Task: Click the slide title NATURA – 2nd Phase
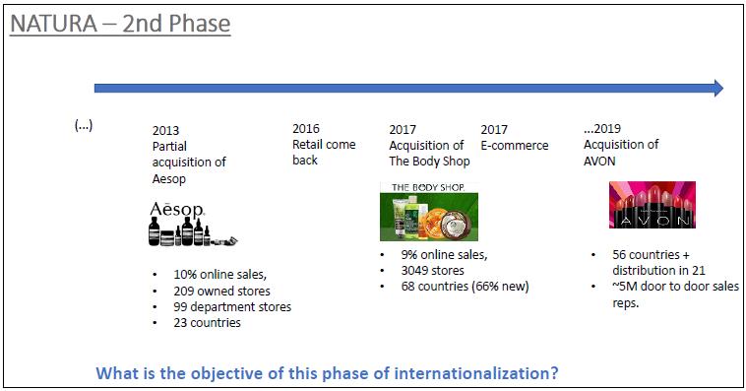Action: [x=120, y=24]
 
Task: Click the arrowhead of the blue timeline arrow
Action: [x=718, y=88]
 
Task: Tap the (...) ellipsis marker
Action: [x=84, y=125]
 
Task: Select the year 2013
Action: [x=165, y=130]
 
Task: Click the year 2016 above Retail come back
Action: [x=306, y=129]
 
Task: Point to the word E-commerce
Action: [x=515, y=145]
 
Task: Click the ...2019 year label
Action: [x=602, y=129]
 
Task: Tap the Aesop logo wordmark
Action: [x=177, y=209]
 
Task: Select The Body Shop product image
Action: [x=429, y=211]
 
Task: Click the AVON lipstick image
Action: [x=653, y=204]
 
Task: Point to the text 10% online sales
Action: [x=219, y=275]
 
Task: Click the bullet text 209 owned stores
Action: [x=221, y=291]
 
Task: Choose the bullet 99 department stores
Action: [x=232, y=306]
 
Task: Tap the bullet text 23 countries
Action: [x=207, y=323]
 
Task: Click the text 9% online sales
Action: [x=445, y=255]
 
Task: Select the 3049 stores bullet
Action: [x=432, y=271]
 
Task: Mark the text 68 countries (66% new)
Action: [x=465, y=287]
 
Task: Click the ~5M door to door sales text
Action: [x=675, y=287]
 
